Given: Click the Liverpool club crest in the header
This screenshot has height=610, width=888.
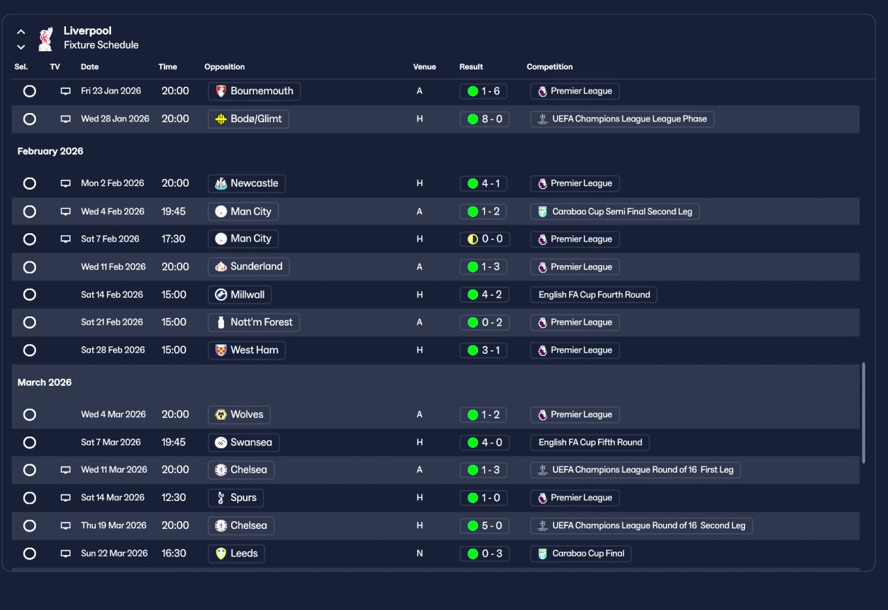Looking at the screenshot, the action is tap(46, 39).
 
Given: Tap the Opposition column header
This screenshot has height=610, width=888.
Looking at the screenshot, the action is tap(224, 67).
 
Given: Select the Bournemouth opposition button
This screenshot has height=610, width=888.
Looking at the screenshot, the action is tap(254, 91).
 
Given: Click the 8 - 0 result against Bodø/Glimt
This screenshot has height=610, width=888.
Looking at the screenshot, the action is tap(484, 119).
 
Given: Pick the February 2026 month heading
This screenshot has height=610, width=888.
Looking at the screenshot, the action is tap(51, 151).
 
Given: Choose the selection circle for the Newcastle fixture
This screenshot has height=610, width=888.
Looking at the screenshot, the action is tap(30, 183).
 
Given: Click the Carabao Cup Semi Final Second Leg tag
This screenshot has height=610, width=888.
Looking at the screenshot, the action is tap(615, 212).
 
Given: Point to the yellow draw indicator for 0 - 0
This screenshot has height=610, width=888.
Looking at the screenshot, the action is tap(472, 239).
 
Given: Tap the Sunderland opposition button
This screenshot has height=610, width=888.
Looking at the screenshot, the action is tap(248, 266).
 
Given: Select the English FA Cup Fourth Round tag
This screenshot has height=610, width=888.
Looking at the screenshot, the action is tap(593, 295).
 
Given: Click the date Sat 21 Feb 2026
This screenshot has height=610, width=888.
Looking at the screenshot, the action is tap(112, 322).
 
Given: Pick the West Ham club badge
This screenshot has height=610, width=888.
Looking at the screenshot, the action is tap(221, 350).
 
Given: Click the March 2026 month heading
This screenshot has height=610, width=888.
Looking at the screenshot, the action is tap(44, 382).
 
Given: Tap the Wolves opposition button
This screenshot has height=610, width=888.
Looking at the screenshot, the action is tap(239, 414).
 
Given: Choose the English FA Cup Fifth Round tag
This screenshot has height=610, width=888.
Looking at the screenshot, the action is tap(590, 442).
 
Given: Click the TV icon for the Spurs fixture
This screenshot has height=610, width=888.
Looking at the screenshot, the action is tap(65, 498).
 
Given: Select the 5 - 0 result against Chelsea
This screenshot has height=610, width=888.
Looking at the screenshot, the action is tap(484, 525).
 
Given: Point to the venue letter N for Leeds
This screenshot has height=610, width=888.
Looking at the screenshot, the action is tap(420, 553).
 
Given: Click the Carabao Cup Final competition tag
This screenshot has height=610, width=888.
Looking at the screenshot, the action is tap(581, 553).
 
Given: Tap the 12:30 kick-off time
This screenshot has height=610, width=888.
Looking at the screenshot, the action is tap(173, 498).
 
